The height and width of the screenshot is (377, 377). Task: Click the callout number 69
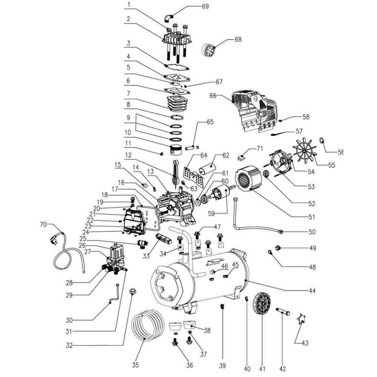pos(216,6)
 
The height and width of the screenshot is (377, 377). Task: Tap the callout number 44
pos(312,291)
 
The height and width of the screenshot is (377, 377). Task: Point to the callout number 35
pos(135,365)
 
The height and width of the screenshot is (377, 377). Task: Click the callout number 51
pos(311,217)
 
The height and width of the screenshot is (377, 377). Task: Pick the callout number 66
pos(213,96)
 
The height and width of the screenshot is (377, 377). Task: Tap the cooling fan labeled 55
pos(305,151)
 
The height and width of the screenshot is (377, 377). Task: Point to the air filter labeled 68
pos(210,50)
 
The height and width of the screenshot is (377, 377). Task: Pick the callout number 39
pos(223,365)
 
